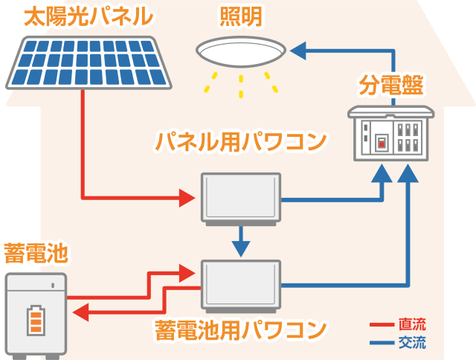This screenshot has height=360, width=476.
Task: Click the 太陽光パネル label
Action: (x=88, y=17)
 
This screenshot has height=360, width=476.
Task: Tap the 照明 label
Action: (x=240, y=16)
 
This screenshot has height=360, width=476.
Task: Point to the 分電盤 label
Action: (x=390, y=86)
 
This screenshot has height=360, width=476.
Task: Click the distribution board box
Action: (x=390, y=134)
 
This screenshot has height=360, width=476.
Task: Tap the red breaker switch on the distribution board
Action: (x=381, y=142)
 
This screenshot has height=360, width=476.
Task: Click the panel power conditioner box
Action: (x=241, y=198)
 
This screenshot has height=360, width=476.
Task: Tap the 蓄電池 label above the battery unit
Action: (x=35, y=254)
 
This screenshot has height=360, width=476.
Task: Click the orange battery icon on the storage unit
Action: (x=35, y=321)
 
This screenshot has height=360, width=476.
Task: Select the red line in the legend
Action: (x=381, y=325)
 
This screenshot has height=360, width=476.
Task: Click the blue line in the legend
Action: (x=381, y=344)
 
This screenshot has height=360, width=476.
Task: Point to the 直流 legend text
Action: (x=412, y=325)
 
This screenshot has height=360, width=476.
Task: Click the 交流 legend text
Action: (x=412, y=344)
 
